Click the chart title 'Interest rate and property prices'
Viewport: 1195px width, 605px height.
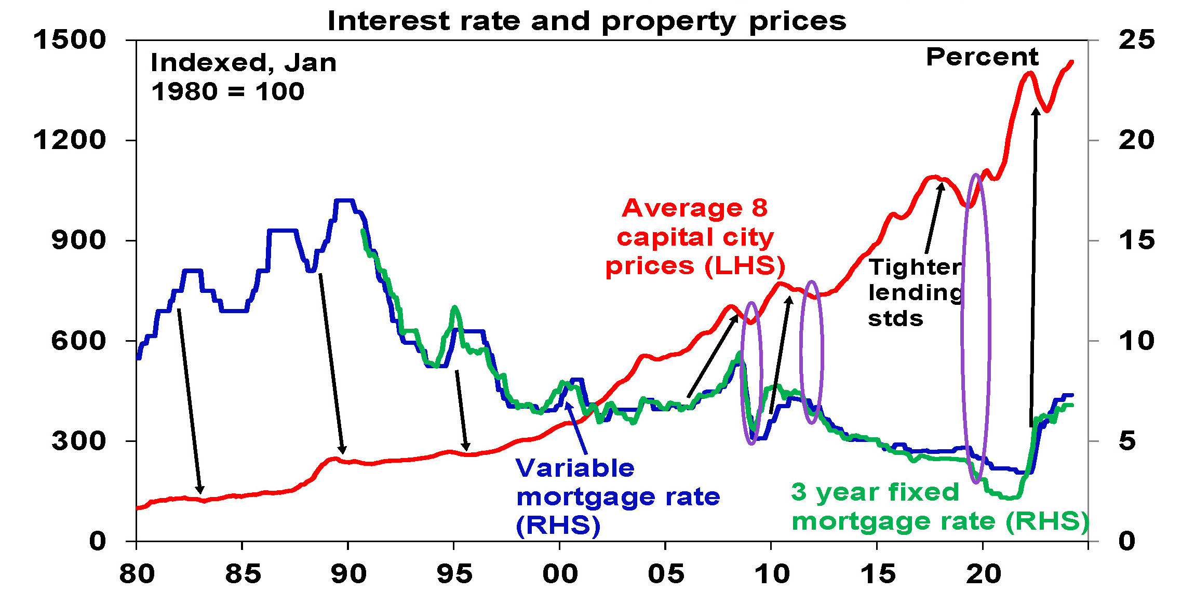tap(587, 22)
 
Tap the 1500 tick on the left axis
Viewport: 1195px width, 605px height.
tap(70, 40)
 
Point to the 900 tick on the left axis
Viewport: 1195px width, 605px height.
tap(78, 240)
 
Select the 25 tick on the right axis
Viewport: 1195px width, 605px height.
tap(1136, 40)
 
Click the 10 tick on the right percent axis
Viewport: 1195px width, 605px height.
tap(1136, 341)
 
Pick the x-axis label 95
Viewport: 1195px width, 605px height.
tap(454, 574)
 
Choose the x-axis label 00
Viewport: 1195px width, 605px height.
tap(560, 574)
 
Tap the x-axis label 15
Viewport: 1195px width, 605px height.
tap(878, 574)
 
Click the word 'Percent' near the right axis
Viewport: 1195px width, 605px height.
tap(982, 57)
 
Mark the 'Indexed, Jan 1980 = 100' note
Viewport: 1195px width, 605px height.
tap(243, 77)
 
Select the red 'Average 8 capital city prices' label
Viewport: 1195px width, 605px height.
tap(695, 237)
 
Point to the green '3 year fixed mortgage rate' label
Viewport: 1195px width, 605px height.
tap(939, 507)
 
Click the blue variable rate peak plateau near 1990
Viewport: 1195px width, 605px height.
tap(344, 200)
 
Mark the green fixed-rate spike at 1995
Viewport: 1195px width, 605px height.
tap(455, 308)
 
